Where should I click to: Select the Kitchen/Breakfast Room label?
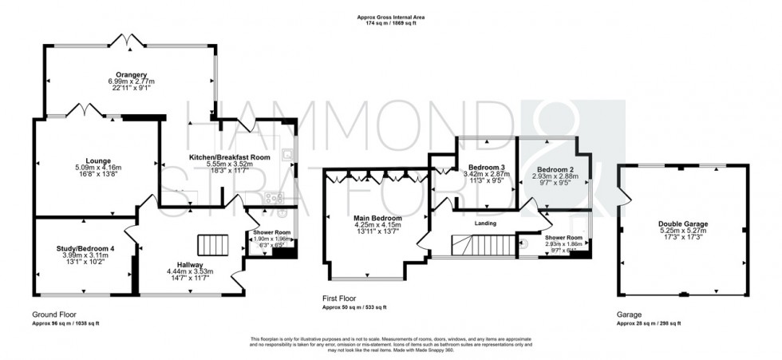tap(230, 157)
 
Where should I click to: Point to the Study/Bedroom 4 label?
tap(84, 248)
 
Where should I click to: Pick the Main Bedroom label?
tap(377, 218)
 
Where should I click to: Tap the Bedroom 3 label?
tap(481, 168)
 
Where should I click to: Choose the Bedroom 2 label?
tap(555, 169)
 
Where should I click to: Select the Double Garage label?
tap(683, 224)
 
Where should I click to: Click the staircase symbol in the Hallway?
tap(212, 244)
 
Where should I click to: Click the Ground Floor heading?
tap(53, 315)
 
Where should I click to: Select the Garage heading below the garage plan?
tap(630, 315)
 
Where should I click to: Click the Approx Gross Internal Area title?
tap(390, 17)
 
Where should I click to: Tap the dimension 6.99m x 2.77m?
tap(129, 81)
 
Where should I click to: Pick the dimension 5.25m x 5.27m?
tap(683, 231)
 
